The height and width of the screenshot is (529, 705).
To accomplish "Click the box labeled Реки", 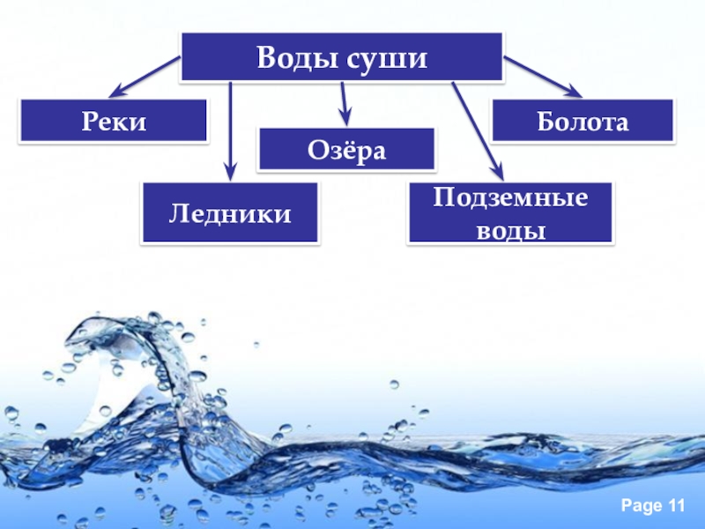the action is click(114, 121).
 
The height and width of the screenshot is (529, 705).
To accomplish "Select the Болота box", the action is click(583, 121).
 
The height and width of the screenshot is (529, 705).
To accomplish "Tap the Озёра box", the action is click(346, 149).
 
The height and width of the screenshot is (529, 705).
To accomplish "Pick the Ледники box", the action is click(230, 212).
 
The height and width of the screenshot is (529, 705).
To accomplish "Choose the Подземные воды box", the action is click(510, 213).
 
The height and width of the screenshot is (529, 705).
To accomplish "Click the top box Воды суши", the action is click(342, 58).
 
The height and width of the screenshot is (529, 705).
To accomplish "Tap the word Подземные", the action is click(510, 197).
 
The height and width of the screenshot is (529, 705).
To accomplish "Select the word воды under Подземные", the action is click(510, 230).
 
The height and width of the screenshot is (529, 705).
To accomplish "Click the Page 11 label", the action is click(652, 505).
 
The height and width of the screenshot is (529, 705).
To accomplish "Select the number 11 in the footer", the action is click(675, 505).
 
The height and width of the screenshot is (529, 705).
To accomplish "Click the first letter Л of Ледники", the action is click(175, 213).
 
